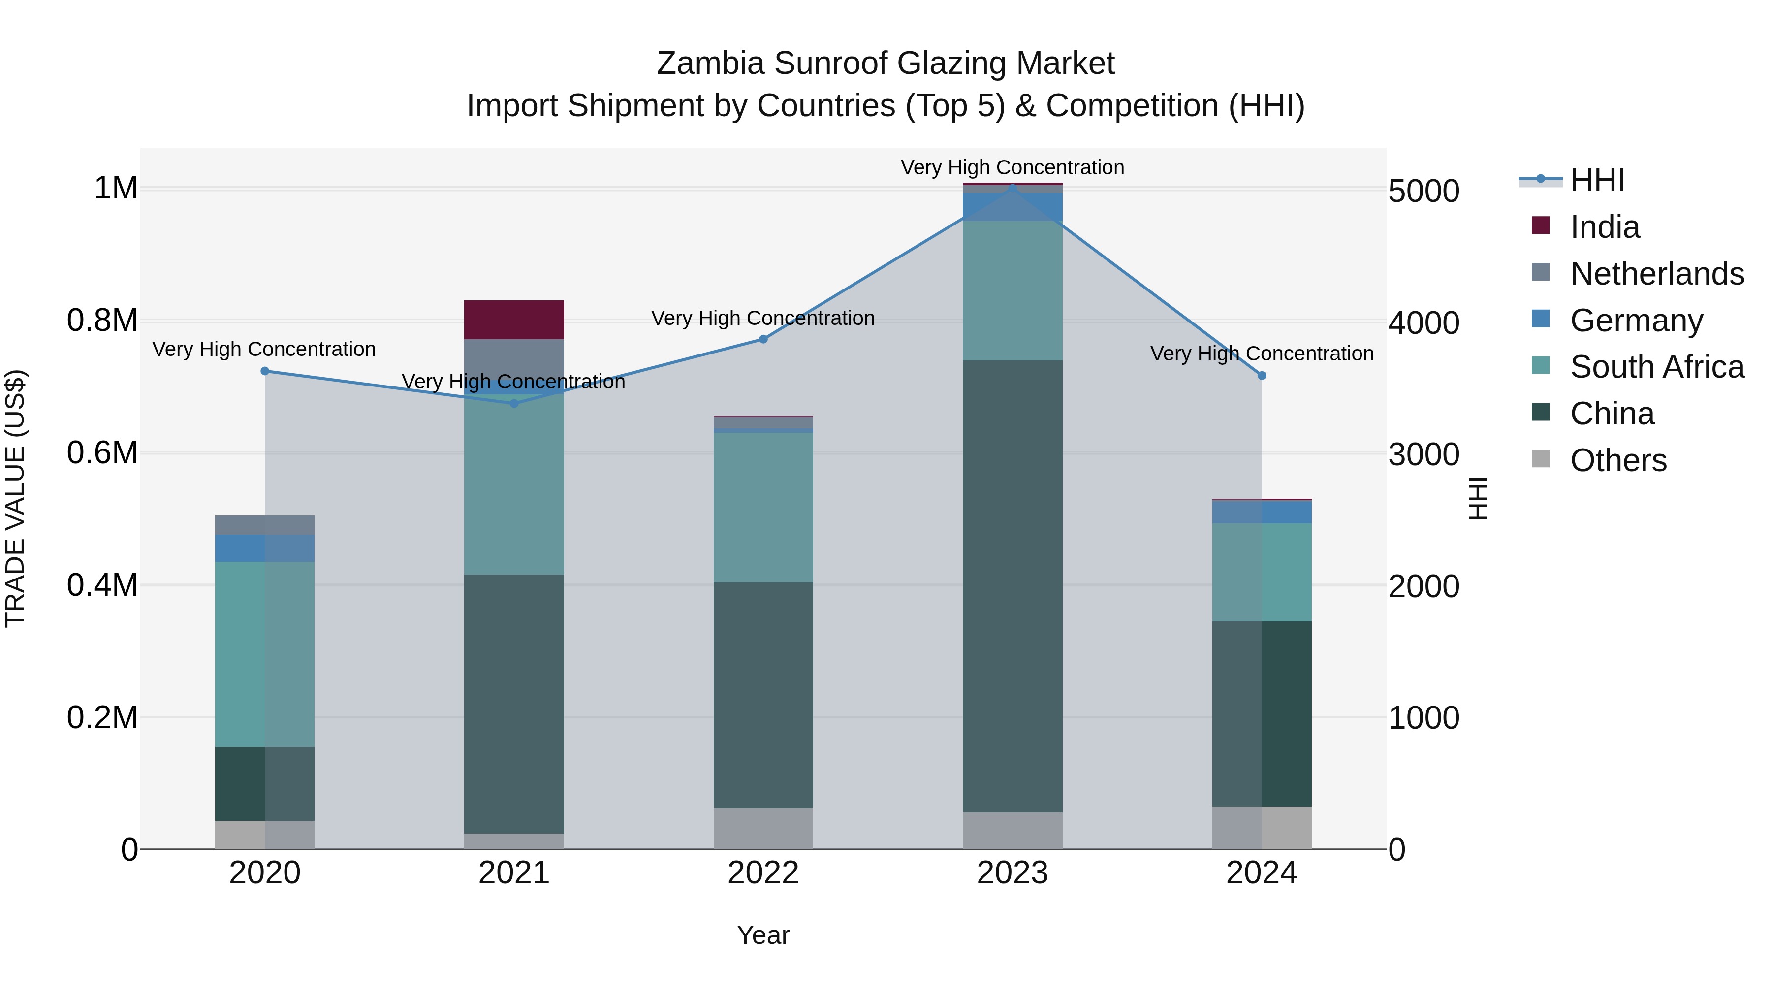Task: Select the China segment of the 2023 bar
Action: point(1012,585)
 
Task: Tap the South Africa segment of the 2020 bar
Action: point(265,654)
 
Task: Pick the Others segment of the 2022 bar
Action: point(763,829)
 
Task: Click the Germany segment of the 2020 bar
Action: point(265,548)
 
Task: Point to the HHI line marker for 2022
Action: point(763,339)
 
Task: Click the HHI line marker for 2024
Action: point(1262,376)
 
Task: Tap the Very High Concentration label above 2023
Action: point(1012,167)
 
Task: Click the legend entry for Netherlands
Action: point(1656,274)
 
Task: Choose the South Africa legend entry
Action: point(1656,367)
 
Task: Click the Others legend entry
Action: point(1618,460)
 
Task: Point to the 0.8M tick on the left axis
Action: point(102,321)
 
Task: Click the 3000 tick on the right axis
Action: point(1423,455)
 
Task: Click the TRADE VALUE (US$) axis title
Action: point(15,498)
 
